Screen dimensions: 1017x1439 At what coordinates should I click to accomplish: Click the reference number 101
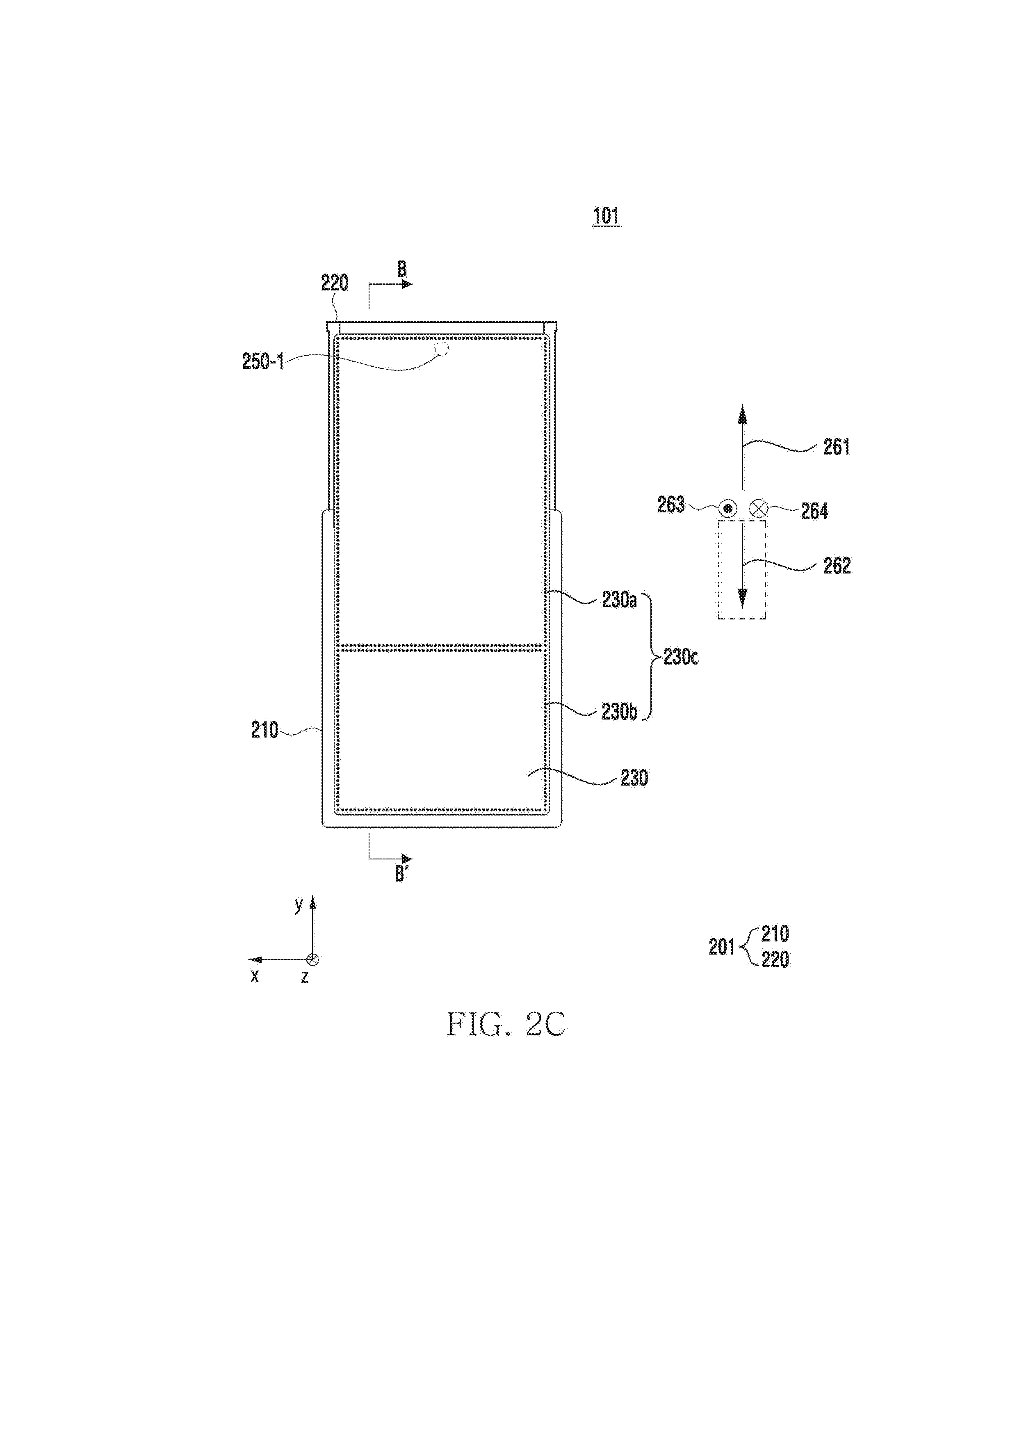(606, 216)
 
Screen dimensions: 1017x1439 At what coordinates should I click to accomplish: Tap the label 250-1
(263, 362)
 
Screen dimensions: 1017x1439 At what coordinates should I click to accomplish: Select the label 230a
(619, 601)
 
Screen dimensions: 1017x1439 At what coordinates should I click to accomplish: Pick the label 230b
(619, 712)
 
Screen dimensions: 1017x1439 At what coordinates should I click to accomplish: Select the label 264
(814, 512)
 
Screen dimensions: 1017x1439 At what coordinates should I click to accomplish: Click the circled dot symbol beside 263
(727, 508)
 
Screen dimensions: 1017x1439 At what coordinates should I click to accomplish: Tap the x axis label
(254, 976)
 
